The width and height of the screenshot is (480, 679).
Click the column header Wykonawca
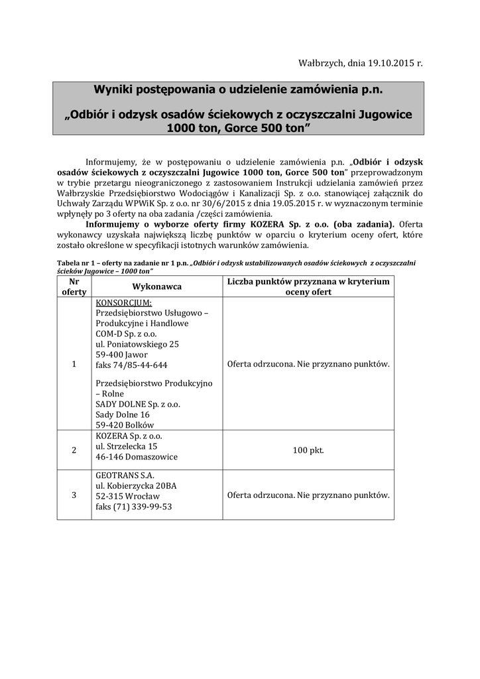click(157, 286)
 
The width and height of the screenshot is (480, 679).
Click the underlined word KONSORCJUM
click(123, 302)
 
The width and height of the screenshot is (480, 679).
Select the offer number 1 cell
click(74, 364)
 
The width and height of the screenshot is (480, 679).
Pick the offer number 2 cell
click(74, 450)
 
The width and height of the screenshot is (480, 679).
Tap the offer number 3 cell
click(74, 495)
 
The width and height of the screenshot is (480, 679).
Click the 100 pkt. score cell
click(308, 450)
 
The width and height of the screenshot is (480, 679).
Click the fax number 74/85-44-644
click(131, 365)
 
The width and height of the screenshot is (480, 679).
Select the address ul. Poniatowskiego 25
click(137, 345)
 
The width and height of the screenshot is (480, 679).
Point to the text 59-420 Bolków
click(125, 424)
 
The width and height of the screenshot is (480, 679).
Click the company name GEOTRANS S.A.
click(125, 475)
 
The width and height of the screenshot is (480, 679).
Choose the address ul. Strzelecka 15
click(127, 447)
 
